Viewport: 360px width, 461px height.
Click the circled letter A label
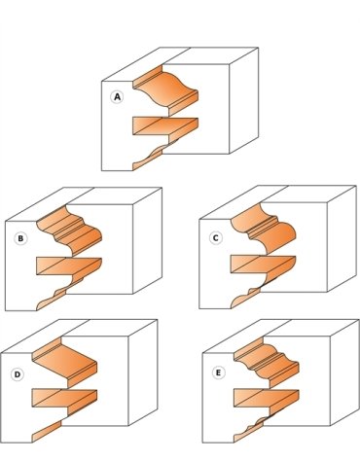(x=117, y=97)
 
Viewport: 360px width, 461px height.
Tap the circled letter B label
(x=20, y=238)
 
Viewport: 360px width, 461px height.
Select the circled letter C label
(x=216, y=238)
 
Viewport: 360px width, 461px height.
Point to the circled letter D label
(x=18, y=374)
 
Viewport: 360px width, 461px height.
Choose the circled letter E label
(x=218, y=372)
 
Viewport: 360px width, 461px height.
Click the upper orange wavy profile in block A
(x=165, y=89)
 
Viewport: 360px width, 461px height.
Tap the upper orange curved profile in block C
(x=265, y=229)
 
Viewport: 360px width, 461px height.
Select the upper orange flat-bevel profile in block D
(x=65, y=362)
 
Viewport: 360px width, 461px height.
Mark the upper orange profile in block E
(x=267, y=362)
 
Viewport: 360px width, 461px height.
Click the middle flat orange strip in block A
(x=165, y=126)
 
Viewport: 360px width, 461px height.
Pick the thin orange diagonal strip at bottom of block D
(x=47, y=432)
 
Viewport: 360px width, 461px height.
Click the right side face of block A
(x=244, y=100)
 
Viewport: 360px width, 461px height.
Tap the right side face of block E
(x=344, y=372)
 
